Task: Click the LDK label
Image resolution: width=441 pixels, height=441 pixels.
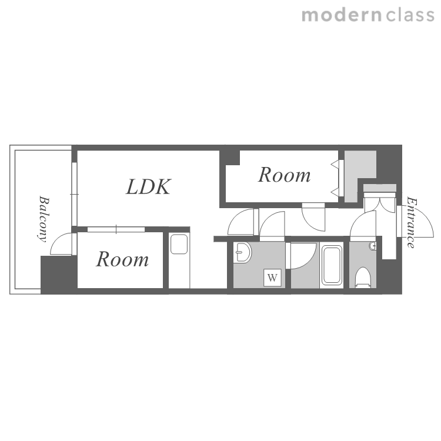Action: [148, 187]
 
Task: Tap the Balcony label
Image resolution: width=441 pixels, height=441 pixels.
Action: [44, 219]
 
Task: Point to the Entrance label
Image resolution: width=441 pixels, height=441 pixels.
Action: [412, 222]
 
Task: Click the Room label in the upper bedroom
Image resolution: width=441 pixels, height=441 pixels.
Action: [285, 175]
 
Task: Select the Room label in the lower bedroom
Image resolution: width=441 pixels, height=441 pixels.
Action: [122, 259]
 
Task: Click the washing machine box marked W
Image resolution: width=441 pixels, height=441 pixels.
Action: [272, 278]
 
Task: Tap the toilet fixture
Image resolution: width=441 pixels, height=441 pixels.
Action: [363, 278]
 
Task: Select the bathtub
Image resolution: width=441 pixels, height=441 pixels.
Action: [332, 265]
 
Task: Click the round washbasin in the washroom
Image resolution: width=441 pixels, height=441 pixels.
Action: [242, 252]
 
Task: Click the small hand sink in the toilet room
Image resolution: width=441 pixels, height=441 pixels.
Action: [373, 246]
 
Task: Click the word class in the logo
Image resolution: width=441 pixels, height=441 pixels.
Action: [410, 15]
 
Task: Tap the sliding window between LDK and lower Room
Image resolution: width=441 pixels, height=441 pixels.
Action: [116, 229]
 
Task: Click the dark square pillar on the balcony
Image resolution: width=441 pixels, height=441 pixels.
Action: [59, 275]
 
